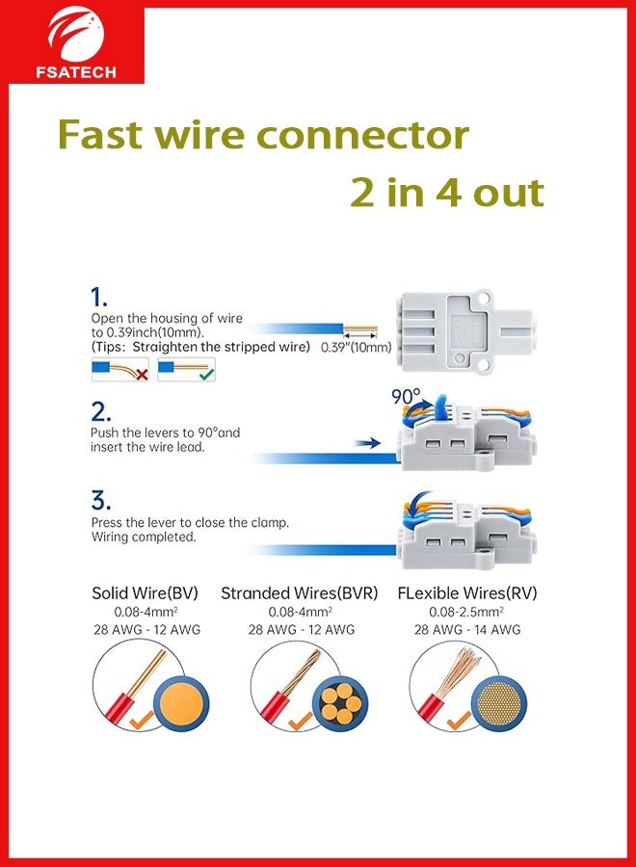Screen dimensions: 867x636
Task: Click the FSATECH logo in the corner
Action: coord(76,42)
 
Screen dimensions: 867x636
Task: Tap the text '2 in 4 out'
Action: coord(446,192)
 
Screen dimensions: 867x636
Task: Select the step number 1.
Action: coord(98,297)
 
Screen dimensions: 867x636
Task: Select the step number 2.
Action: coord(101,412)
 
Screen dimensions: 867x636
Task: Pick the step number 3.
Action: coord(101,501)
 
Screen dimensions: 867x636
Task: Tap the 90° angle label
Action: coord(406,396)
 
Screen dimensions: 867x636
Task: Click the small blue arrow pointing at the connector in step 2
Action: coord(367,443)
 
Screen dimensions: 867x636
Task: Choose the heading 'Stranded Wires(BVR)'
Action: coord(300,593)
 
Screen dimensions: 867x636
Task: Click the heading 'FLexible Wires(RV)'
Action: coord(467,593)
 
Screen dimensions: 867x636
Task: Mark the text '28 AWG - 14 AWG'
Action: coord(467,630)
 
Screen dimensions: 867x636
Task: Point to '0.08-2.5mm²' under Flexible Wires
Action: coord(467,612)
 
